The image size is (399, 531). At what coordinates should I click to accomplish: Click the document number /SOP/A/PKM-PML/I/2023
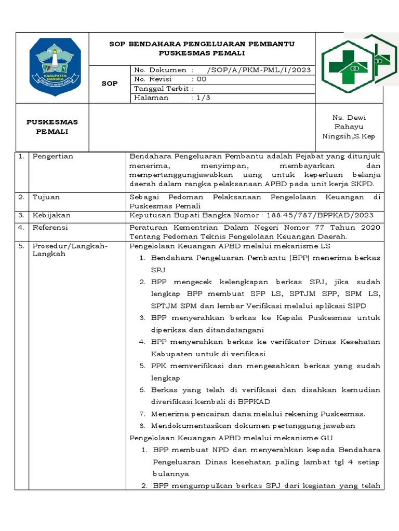[258, 70]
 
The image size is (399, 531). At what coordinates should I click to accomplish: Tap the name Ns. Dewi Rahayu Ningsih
[349, 127]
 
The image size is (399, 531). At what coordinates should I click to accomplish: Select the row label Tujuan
[46, 197]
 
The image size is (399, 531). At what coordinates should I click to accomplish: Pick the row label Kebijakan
[51, 215]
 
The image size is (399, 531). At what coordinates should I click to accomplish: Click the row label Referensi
[50, 227]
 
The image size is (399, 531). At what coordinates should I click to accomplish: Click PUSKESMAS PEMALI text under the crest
[52, 127]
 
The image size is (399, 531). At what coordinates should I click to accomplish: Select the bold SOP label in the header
[110, 83]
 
